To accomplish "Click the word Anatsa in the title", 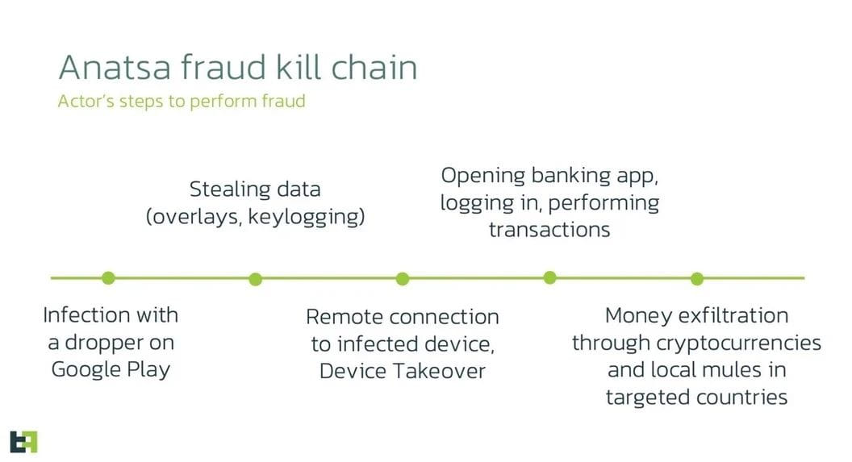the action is (x=115, y=67).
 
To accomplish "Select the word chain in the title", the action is (x=374, y=67).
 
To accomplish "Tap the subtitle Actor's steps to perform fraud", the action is (x=182, y=101).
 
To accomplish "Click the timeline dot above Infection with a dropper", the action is (x=108, y=278).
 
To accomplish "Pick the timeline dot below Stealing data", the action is (x=256, y=279).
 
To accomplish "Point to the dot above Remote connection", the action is (x=402, y=279).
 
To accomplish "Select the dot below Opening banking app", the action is (x=550, y=278).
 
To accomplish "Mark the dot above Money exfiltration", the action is (x=697, y=279).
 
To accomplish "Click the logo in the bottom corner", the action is (x=24, y=442).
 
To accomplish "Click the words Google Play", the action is (x=111, y=370).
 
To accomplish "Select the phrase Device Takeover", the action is (x=402, y=371).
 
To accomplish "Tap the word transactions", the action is (x=549, y=230).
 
